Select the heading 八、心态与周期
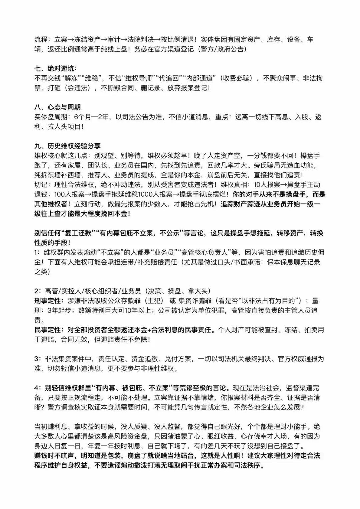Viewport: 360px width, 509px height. point(57,107)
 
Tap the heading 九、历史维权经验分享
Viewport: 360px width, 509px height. point(67,146)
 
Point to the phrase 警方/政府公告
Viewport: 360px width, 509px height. point(223,49)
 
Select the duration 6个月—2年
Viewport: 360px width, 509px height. point(93,117)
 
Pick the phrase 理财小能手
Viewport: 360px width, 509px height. point(293,427)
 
